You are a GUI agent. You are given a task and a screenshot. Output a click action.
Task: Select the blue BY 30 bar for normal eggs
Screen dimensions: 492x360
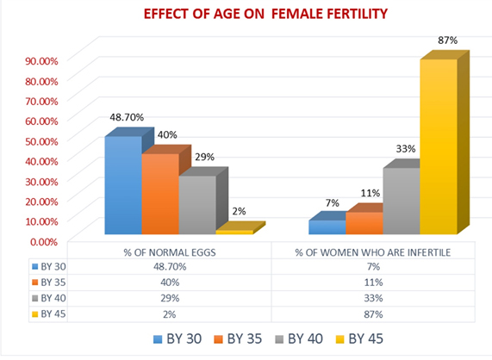point(123,185)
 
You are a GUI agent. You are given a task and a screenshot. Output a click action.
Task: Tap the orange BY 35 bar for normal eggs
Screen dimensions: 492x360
point(160,194)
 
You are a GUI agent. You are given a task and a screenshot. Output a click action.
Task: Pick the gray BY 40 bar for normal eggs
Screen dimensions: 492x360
point(197,205)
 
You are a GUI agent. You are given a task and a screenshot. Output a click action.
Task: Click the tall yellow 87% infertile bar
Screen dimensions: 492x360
point(439,146)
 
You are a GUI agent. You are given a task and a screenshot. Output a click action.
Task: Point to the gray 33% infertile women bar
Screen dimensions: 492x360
point(402,201)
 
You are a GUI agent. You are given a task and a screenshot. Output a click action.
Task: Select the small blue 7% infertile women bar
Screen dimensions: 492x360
point(327,227)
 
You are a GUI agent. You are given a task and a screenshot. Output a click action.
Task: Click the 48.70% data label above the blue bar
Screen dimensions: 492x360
point(127,117)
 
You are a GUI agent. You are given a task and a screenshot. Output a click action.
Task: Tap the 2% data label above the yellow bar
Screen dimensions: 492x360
point(239,211)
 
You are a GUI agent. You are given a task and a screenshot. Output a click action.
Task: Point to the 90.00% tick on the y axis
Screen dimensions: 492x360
point(41,61)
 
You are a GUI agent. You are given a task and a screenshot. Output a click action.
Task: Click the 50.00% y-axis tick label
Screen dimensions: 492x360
point(41,141)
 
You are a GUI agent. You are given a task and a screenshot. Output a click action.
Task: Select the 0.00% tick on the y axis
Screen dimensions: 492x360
point(44,242)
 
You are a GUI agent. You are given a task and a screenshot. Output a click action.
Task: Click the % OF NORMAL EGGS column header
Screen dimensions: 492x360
point(170,252)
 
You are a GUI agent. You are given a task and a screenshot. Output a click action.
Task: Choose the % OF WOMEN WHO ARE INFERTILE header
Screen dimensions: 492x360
point(373,252)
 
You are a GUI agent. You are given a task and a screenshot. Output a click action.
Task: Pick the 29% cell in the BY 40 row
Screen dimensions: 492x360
point(170,298)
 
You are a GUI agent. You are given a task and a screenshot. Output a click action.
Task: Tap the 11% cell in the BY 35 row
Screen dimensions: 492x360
point(373,282)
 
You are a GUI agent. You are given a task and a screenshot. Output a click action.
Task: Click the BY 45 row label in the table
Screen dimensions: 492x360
point(49,313)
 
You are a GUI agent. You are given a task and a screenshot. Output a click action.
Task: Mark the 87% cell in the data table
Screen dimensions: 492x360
point(373,314)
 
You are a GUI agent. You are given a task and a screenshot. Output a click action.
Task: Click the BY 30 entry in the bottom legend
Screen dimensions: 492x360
point(177,339)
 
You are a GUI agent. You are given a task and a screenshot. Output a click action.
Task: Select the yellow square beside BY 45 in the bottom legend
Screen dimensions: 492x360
point(339,339)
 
